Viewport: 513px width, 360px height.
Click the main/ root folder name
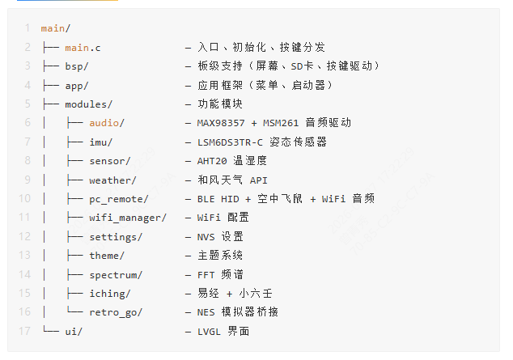(x=55, y=28)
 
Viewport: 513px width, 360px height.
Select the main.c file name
(x=83, y=48)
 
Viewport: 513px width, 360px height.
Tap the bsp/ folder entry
(x=77, y=66)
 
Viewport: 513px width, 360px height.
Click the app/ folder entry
(x=77, y=86)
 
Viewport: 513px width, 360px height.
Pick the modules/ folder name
(x=89, y=104)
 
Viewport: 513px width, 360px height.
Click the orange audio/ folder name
(x=107, y=123)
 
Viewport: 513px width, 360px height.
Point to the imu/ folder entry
(x=101, y=142)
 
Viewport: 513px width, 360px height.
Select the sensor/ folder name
(x=109, y=161)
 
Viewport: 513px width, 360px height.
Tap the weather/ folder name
(x=112, y=180)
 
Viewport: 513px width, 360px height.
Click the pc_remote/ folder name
(x=119, y=199)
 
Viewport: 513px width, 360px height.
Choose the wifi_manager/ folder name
(x=128, y=218)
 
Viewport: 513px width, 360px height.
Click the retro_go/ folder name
(x=116, y=312)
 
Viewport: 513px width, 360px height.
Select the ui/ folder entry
(x=74, y=332)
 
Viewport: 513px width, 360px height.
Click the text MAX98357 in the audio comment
(x=221, y=123)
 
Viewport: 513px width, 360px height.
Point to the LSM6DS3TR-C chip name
(x=230, y=142)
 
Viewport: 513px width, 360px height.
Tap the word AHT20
(x=212, y=161)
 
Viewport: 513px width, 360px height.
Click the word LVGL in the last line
(x=209, y=332)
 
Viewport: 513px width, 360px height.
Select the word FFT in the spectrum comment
(x=206, y=275)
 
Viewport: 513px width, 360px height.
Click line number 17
(x=24, y=331)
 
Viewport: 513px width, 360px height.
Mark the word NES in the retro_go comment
(x=206, y=312)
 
